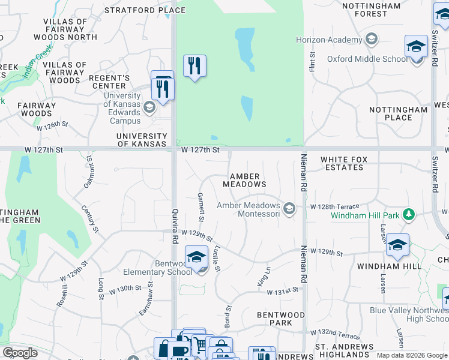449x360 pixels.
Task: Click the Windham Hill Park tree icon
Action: coord(409,214)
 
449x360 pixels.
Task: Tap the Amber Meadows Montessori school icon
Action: coord(289,209)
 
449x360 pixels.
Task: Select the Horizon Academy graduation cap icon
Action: coord(372,40)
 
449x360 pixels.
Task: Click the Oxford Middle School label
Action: coord(367,59)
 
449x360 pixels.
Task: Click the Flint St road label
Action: coord(312,62)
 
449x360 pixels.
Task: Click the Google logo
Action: coord(20,353)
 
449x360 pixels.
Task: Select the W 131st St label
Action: coord(283,290)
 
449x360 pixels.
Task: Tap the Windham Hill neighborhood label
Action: coord(382,266)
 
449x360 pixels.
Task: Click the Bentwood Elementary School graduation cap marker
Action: coord(196,257)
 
